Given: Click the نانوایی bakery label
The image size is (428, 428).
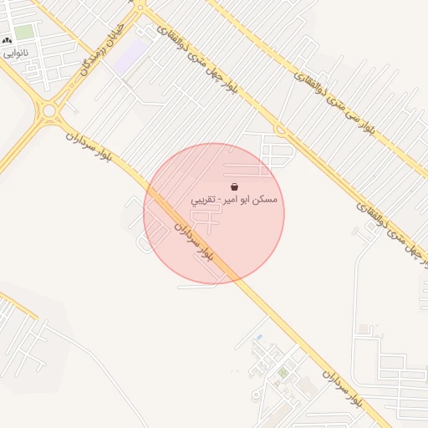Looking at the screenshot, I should (x=16, y=52).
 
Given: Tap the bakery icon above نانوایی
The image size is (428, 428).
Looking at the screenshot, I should (x=8, y=40).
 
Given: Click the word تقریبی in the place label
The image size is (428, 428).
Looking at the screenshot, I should (x=204, y=201).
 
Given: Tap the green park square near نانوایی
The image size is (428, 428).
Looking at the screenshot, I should (x=24, y=32).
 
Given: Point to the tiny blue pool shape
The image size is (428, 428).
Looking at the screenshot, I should (x=259, y=337).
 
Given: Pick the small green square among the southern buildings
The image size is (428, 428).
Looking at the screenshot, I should (x=283, y=372).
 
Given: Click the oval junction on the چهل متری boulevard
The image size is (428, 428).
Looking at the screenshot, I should (x=279, y=129).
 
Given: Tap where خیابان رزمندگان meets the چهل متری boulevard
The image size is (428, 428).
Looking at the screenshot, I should (x=140, y=10).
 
